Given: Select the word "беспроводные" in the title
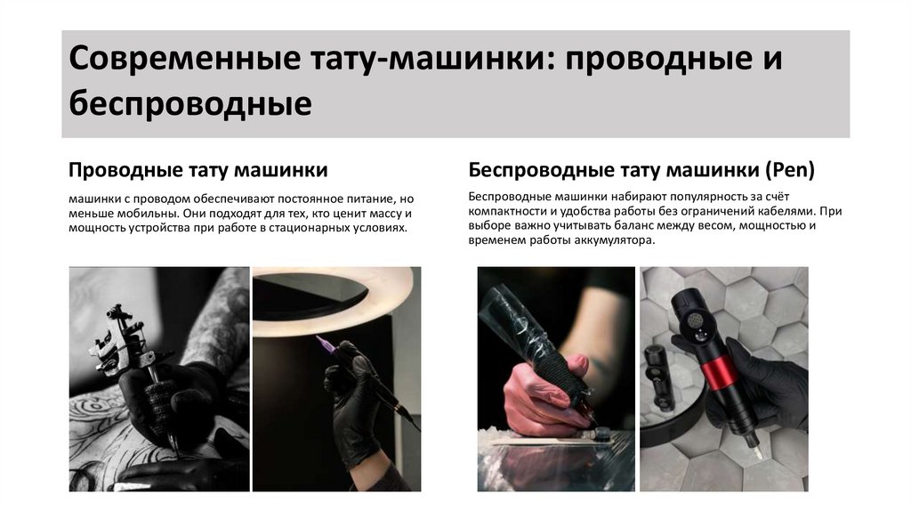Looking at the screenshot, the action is tap(190, 103).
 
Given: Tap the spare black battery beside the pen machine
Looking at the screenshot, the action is tap(658, 378).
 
